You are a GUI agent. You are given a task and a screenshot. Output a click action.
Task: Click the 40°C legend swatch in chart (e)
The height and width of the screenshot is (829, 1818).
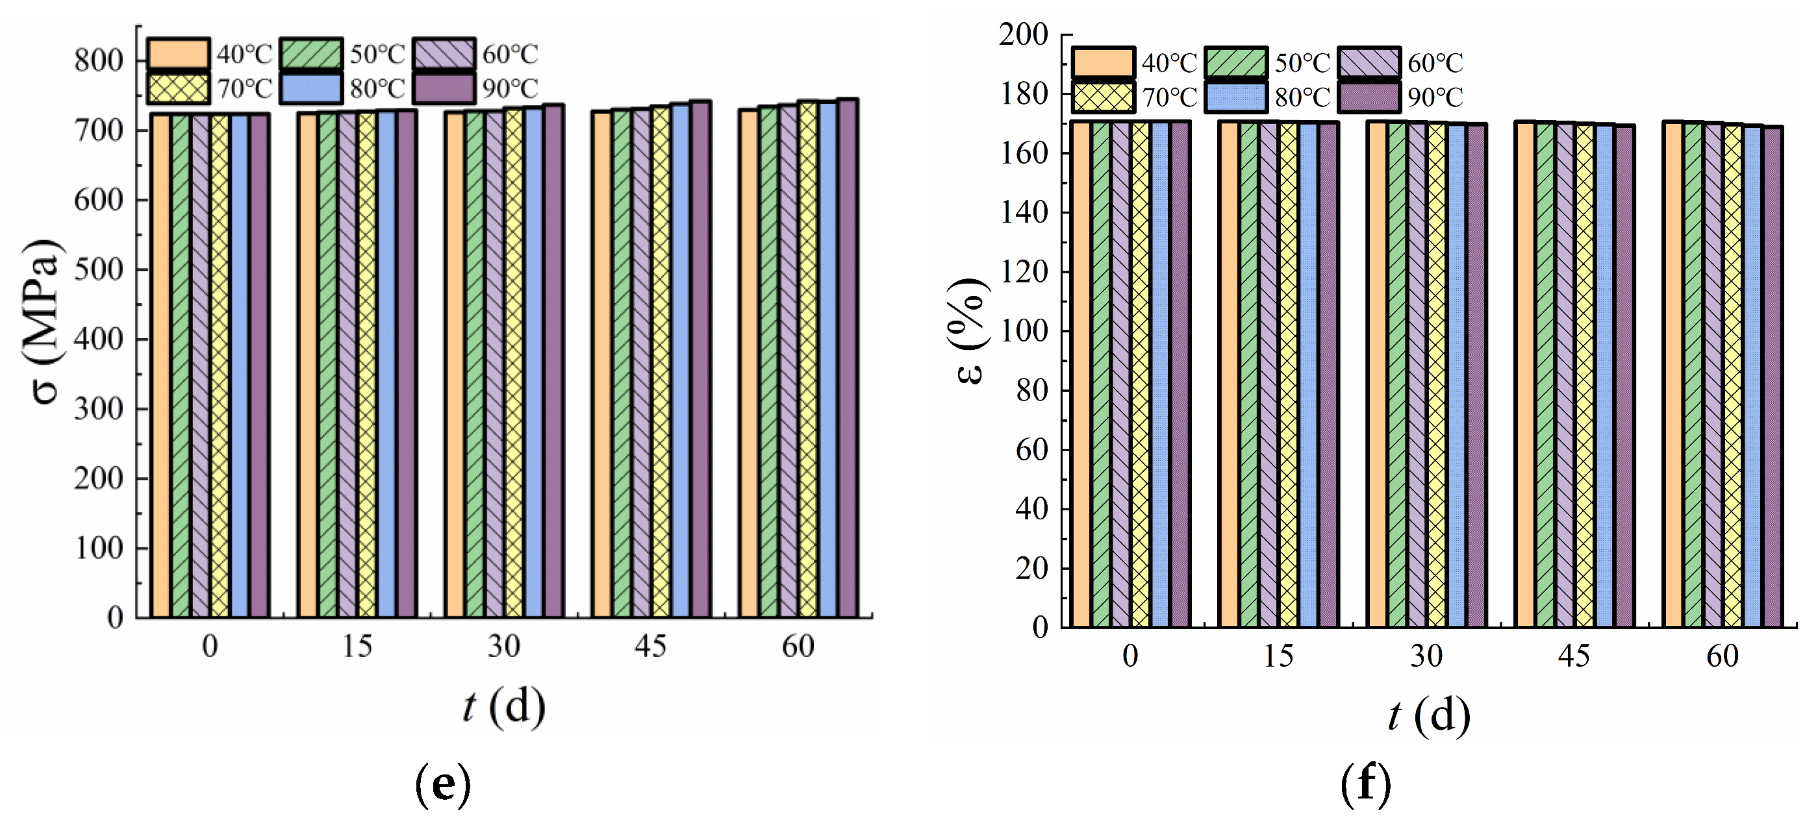coord(178,54)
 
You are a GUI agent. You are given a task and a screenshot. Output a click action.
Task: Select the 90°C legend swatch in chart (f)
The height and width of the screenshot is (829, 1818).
coord(1369,97)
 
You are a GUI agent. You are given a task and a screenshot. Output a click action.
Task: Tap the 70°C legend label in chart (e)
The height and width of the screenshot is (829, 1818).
coord(244,89)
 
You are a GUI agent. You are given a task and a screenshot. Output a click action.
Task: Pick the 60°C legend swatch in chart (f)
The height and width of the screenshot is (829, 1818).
coord(1369,62)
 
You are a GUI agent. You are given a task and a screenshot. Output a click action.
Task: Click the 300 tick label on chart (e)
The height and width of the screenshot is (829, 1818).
coord(99,408)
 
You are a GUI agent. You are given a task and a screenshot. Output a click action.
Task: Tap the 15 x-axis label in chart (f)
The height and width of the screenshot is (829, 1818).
coord(1278,656)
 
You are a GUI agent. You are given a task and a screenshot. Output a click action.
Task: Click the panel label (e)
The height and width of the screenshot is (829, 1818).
coord(442,786)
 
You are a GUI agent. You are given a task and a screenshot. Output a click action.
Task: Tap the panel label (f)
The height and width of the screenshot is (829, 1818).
coord(1367,786)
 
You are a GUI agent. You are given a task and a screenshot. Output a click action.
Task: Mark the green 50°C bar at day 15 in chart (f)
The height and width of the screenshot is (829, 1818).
coord(1248,374)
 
